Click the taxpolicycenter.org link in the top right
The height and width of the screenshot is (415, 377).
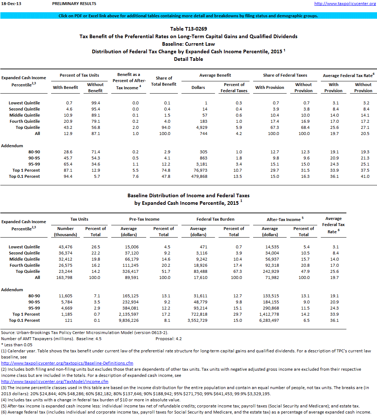(345, 4)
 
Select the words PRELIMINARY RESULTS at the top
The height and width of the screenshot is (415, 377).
(74, 4)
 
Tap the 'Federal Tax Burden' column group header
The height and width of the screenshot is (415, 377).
(215, 219)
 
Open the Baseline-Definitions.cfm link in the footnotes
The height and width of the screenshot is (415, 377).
(67, 363)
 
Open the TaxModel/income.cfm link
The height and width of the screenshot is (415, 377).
(55, 382)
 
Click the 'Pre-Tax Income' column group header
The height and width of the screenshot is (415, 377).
(144, 219)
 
